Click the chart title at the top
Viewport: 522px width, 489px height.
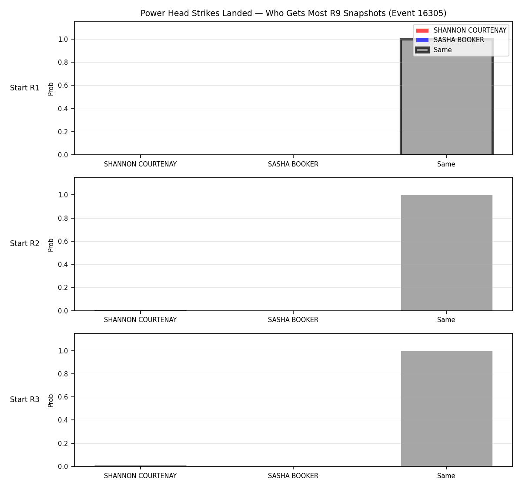[293, 13]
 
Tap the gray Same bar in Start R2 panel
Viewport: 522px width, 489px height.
[446, 253]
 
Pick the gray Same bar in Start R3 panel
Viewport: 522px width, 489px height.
[446, 409]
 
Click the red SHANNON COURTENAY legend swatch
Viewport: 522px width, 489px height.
[422, 30]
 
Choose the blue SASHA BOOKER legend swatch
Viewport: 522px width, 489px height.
[422, 40]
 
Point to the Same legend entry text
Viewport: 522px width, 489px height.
[442, 50]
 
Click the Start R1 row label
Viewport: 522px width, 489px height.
[25, 88]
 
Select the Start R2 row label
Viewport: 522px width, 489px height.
[25, 243]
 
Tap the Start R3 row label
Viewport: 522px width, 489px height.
[25, 399]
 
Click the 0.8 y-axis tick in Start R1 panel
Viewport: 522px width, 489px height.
[63, 62]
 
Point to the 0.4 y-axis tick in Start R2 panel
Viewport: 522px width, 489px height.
[63, 264]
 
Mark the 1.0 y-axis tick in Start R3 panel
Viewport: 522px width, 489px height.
[63, 351]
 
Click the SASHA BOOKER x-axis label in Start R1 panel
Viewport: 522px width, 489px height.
[293, 164]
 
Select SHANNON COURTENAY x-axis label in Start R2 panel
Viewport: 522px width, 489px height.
[141, 320]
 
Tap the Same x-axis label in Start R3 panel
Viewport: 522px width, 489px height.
[446, 476]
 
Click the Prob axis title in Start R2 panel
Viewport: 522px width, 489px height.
[51, 245]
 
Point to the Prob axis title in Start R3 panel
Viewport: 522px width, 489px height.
[51, 401]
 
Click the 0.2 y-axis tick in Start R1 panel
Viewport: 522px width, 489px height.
[63, 132]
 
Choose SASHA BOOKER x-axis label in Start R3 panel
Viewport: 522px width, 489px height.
[293, 476]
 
